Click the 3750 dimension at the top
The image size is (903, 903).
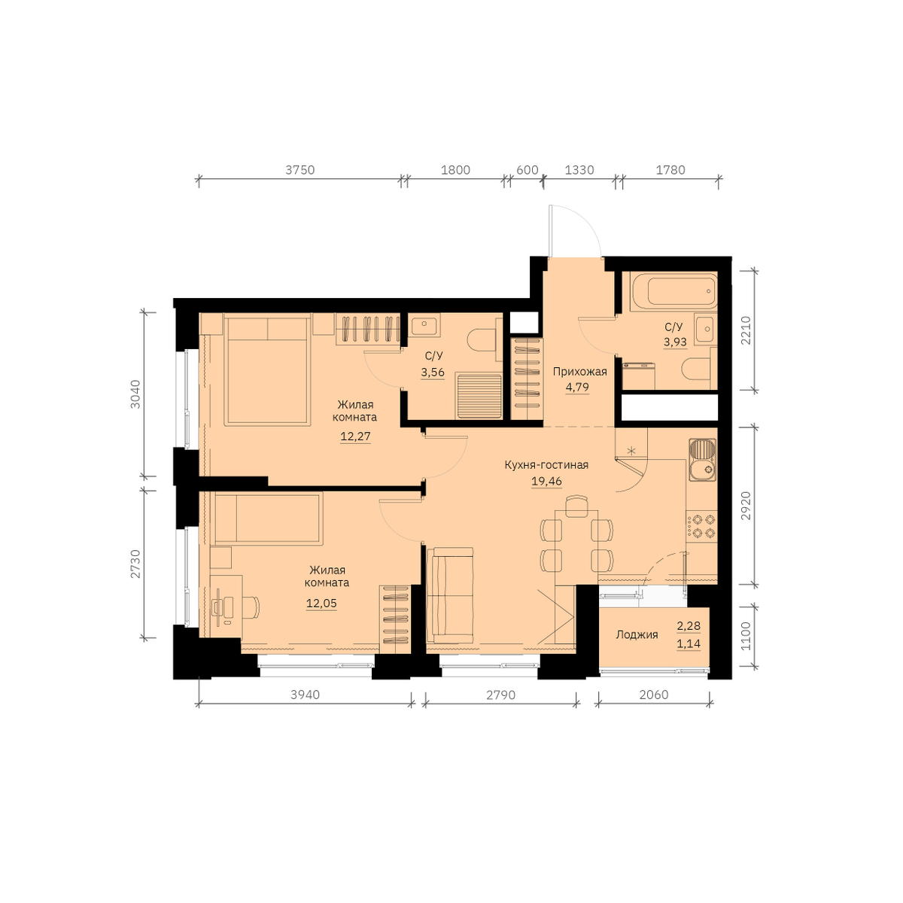tap(300, 169)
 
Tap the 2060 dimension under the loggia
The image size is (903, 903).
tap(653, 695)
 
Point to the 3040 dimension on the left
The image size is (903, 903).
tap(135, 394)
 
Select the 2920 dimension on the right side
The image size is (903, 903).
tap(746, 505)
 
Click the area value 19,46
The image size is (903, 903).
tap(546, 481)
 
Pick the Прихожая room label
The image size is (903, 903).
tap(579, 372)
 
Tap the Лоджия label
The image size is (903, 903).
tap(637, 635)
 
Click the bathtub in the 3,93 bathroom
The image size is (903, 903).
tap(673, 291)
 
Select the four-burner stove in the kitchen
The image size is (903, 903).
tap(701, 526)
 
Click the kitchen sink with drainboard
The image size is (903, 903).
tap(702, 460)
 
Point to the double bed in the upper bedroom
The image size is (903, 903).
tap(268, 369)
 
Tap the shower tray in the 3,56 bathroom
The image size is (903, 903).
tap(479, 395)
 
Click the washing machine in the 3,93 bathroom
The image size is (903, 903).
tap(638, 375)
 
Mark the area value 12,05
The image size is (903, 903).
tap(321, 604)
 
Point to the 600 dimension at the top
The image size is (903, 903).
tap(528, 169)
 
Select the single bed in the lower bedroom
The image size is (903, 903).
tap(269, 519)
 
